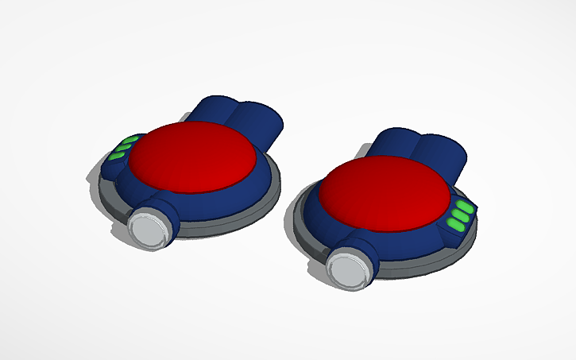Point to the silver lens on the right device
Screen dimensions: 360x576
[347, 270]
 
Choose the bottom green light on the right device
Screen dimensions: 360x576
[456, 228]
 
